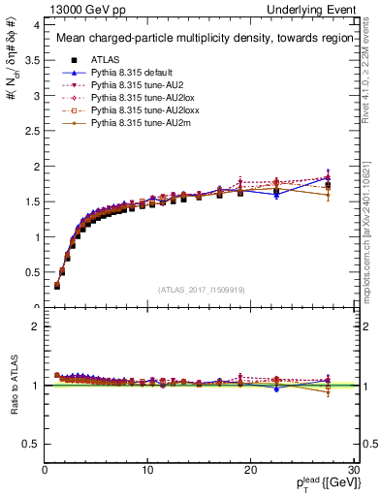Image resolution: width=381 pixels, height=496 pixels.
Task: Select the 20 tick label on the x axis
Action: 250,470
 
